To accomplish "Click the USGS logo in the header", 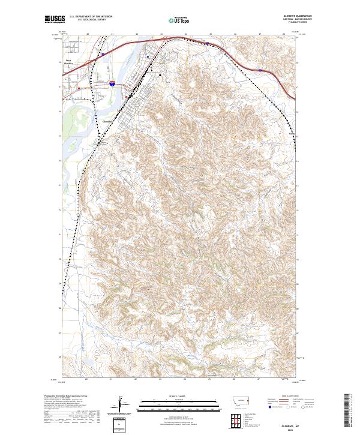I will [55, 19].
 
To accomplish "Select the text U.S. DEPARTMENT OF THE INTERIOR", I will [91, 16].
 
